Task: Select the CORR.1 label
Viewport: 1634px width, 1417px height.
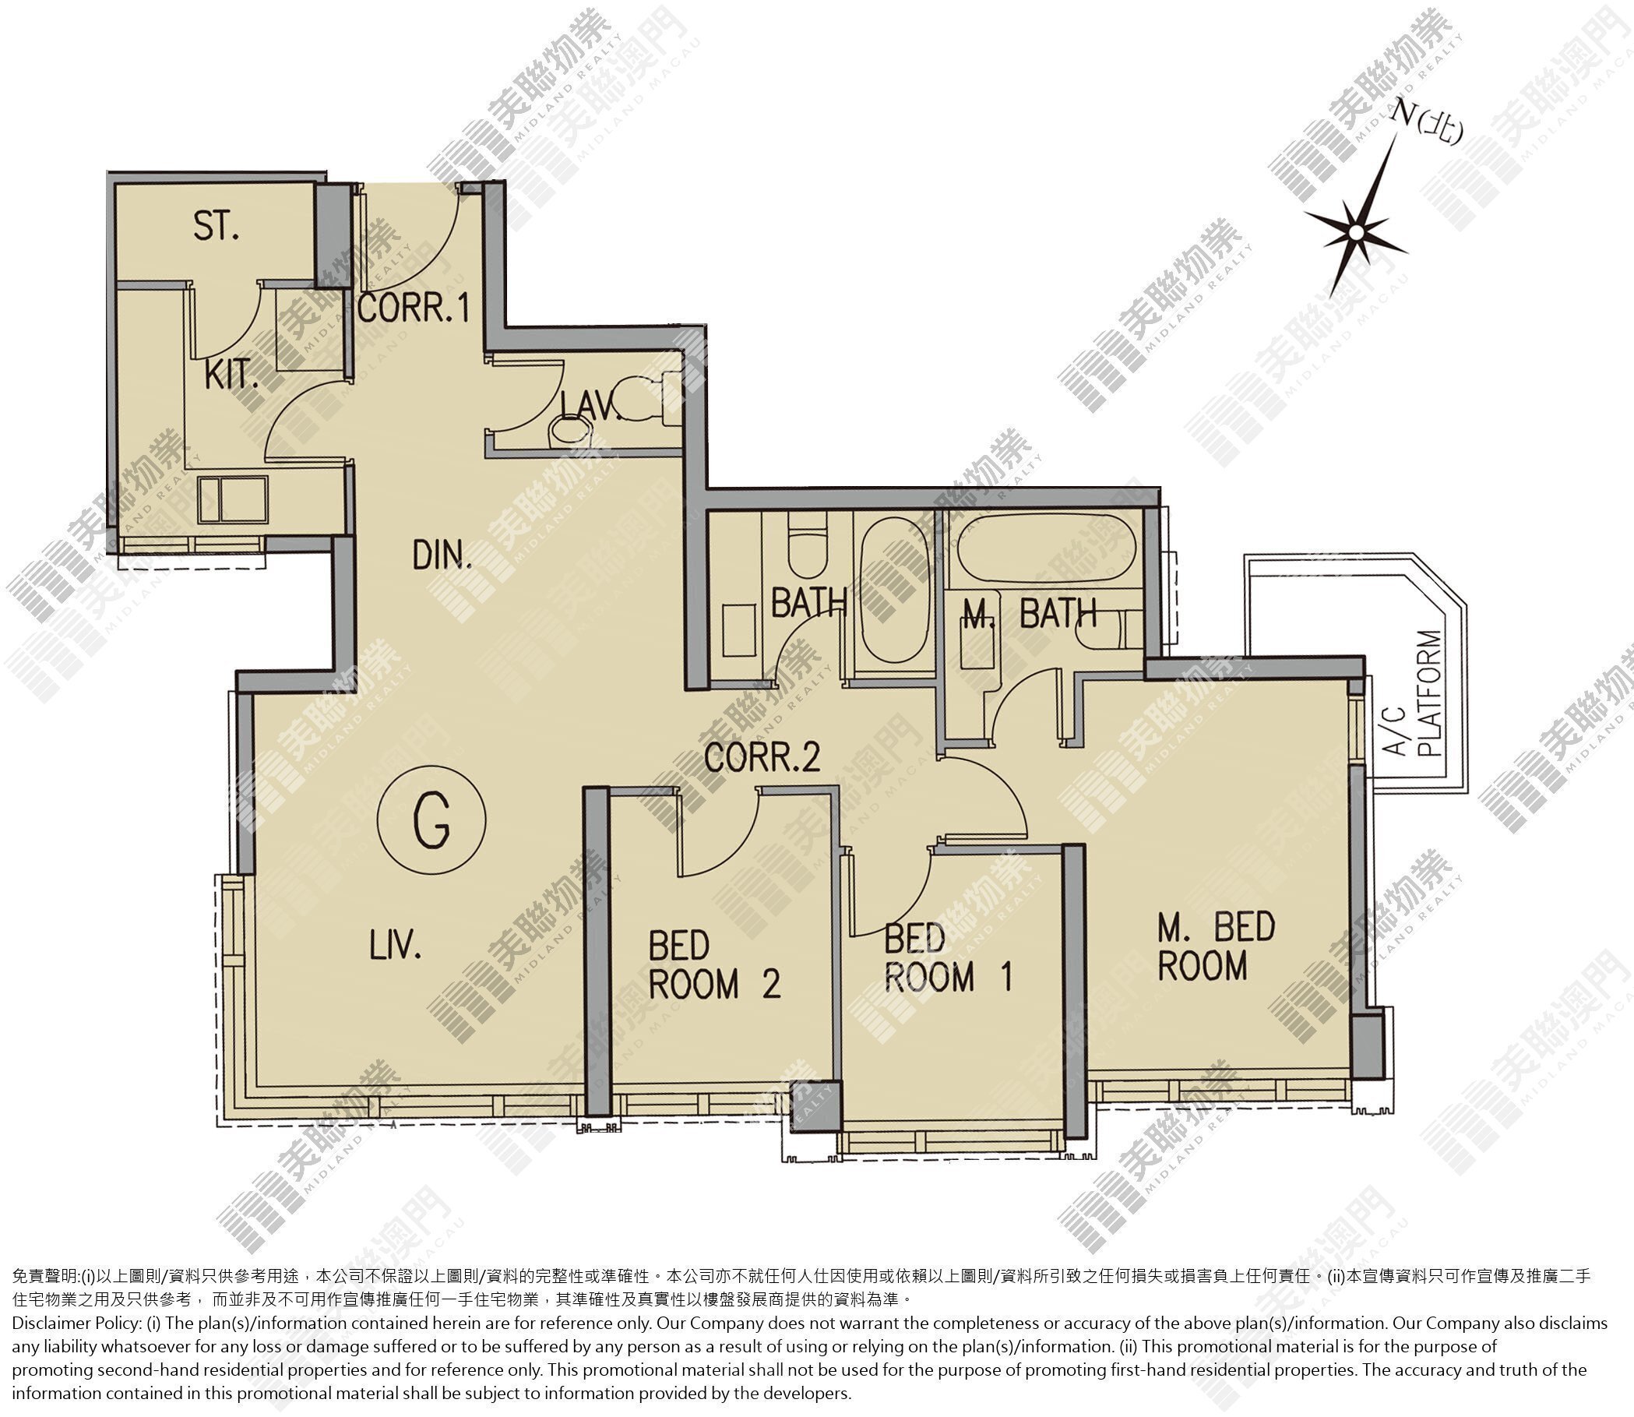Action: (414, 308)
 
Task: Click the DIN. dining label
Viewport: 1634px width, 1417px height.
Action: (442, 556)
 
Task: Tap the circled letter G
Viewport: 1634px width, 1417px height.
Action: (431, 820)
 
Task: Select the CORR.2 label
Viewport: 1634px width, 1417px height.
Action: (762, 758)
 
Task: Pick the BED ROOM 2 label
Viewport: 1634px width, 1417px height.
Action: (715, 964)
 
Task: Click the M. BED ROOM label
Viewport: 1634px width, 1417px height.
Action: (1217, 946)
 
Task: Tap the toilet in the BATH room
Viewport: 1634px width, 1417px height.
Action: (807, 545)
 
